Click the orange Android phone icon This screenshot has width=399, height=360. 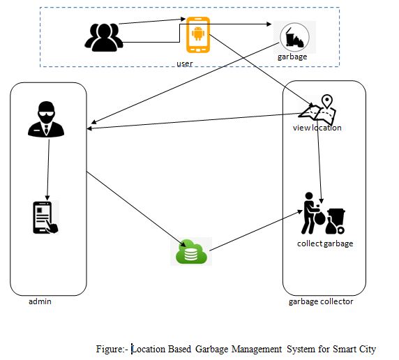click(198, 35)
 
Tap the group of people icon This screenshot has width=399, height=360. click(104, 37)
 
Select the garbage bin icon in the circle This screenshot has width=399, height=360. click(294, 37)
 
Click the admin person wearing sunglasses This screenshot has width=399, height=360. click(46, 119)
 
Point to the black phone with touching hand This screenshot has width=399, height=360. click(46, 217)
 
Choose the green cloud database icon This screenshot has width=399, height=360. click(191, 252)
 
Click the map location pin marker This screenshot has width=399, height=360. click(327, 102)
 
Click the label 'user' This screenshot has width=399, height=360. click(185, 63)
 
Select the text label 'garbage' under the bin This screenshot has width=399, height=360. click(292, 57)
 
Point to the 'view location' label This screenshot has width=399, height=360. click(317, 128)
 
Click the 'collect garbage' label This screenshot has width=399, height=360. click(325, 243)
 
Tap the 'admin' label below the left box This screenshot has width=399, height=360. click(40, 301)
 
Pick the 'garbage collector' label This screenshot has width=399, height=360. click(321, 301)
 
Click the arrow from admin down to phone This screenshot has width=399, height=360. click(48, 170)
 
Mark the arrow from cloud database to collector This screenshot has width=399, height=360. click(256, 230)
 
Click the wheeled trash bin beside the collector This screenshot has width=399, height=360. click(336, 221)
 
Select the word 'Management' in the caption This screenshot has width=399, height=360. click(257, 349)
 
